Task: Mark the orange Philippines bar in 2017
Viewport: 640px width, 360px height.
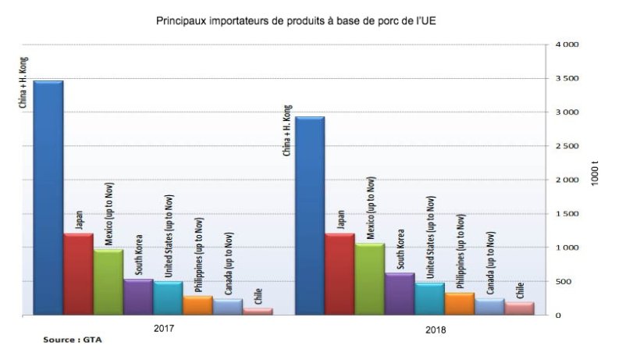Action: point(197,305)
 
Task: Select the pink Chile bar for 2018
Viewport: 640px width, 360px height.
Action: point(518,308)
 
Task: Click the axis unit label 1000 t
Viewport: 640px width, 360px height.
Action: point(596,173)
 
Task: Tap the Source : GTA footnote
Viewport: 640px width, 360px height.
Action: point(73,340)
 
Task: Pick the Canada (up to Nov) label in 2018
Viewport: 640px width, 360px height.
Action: point(491,263)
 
